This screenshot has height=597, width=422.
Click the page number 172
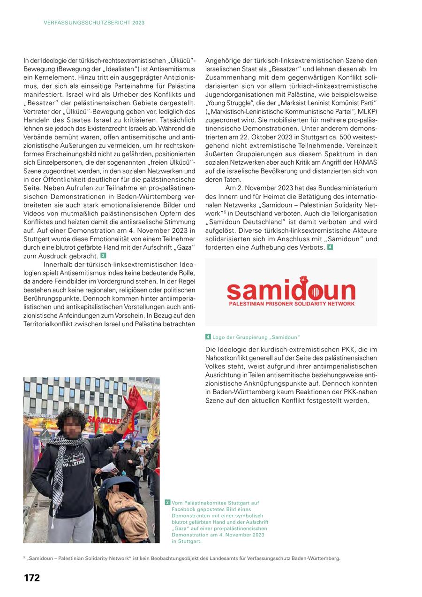point(32,578)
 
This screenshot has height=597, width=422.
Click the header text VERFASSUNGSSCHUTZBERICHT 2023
point(94,23)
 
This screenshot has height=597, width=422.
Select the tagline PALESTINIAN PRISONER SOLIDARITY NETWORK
point(291,304)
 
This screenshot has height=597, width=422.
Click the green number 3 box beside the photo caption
point(167,503)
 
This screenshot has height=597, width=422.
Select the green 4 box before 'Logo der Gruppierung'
point(208,337)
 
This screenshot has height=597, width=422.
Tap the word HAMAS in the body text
point(361,162)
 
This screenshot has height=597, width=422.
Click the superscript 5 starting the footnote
point(24,557)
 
